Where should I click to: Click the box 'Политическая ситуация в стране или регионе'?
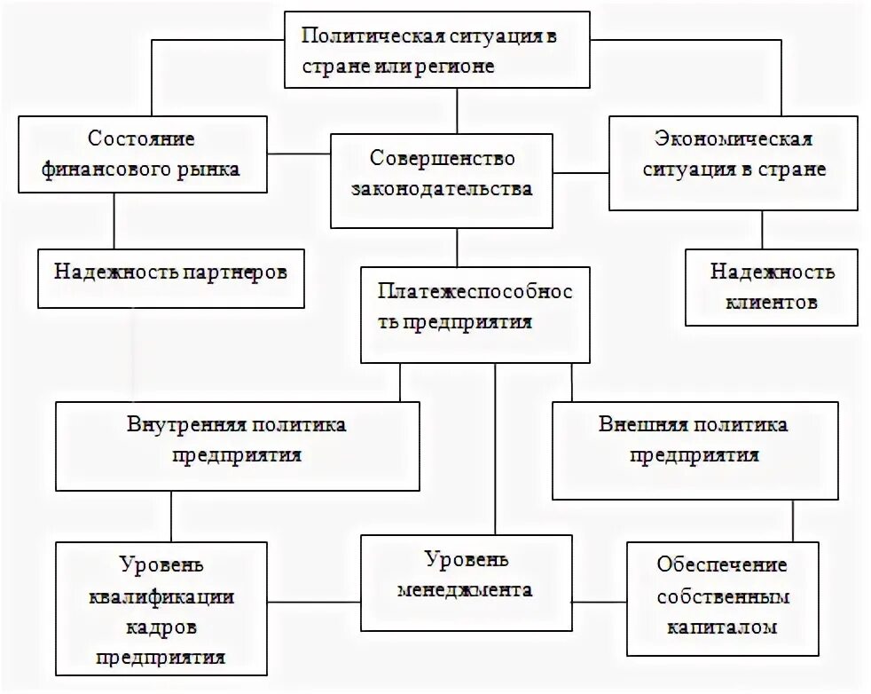437,50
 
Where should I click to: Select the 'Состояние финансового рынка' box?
142,154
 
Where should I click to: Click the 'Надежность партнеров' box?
169,278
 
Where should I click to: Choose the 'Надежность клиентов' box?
772,286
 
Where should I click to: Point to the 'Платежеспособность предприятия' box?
475,314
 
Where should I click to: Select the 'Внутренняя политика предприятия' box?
237,446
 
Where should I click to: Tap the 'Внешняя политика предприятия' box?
694,450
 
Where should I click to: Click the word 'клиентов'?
772,302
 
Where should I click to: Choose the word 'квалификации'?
161,597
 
